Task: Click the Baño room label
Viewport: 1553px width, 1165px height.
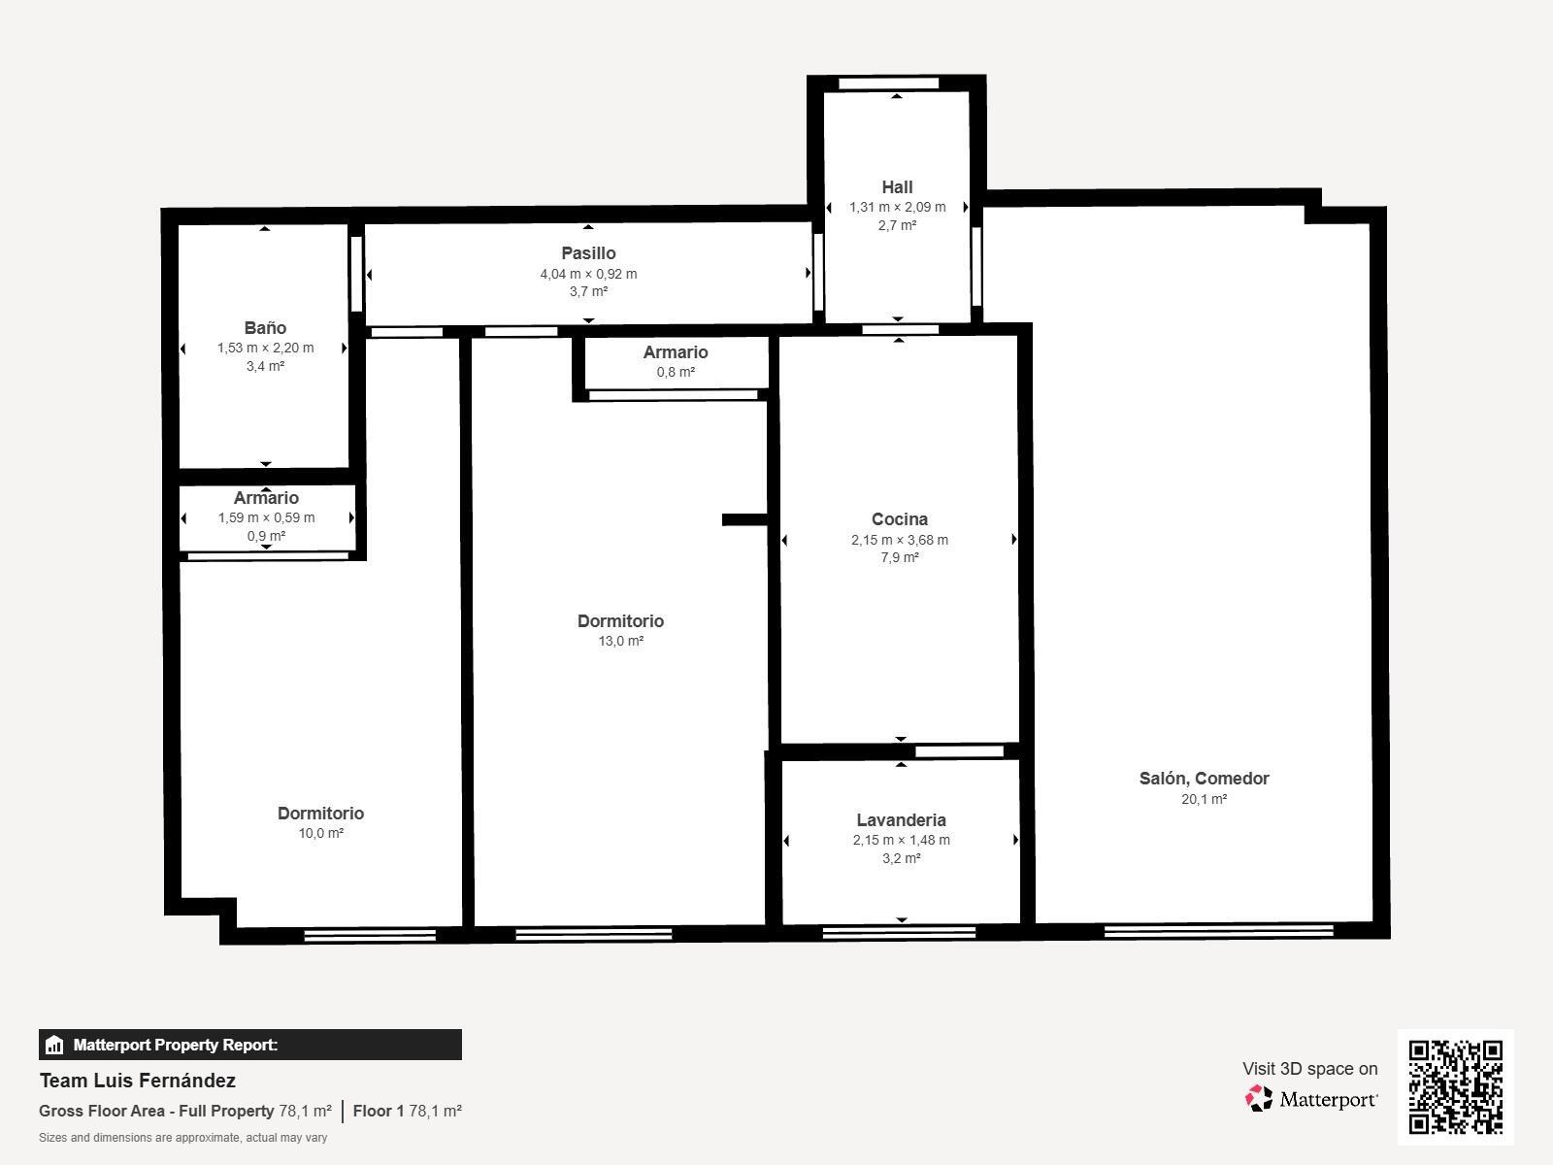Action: point(265,328)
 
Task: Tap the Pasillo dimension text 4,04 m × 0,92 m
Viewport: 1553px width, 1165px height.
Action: point(588,274)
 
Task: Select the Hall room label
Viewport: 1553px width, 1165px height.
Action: point(897,187)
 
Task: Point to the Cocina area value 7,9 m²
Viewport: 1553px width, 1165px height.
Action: point(900,557)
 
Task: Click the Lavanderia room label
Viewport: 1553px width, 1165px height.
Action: point(901,820)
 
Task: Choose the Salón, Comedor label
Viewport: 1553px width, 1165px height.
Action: point(1204,779)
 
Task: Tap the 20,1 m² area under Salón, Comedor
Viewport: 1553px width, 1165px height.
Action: point(1204,799)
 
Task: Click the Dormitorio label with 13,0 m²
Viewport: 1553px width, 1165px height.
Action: point(620,621)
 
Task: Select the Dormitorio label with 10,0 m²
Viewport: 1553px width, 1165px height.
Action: point(320,814)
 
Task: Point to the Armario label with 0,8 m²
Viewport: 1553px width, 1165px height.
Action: point(676,352)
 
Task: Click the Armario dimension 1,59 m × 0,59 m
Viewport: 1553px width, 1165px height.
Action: point(266,517)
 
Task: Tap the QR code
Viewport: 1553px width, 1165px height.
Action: point(1455,1086)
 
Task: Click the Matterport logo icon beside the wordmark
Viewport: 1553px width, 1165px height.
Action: point(1259,1099)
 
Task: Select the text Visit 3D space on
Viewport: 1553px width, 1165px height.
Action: point(1309,1069)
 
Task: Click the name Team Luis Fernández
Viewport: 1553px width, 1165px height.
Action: point(138,1081)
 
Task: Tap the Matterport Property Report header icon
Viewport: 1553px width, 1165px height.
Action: point(54,1046)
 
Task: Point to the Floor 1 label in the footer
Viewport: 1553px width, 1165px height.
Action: point(378,1111)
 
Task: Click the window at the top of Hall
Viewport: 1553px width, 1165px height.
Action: point(889,83)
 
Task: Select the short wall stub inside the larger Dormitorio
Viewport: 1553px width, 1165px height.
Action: point(744,520)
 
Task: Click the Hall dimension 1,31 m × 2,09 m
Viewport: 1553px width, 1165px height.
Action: point(897,207)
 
